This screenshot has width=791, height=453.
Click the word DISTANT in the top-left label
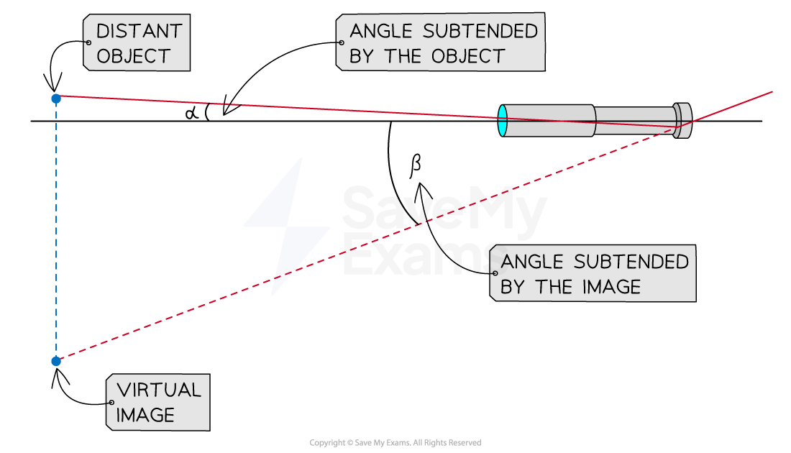point(140,31)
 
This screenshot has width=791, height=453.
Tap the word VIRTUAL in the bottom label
point(159,390)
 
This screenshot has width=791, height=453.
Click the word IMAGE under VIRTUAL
point(146,416)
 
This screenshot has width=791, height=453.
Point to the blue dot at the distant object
point(56,98)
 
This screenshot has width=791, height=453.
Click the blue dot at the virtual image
point(56,361)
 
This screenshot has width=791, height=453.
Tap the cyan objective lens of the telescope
point(503,120)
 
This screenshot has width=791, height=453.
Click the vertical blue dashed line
point(56,230)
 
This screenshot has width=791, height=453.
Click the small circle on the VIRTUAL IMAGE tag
point(111,403)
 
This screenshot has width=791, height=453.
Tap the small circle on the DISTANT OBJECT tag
point(88,43)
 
